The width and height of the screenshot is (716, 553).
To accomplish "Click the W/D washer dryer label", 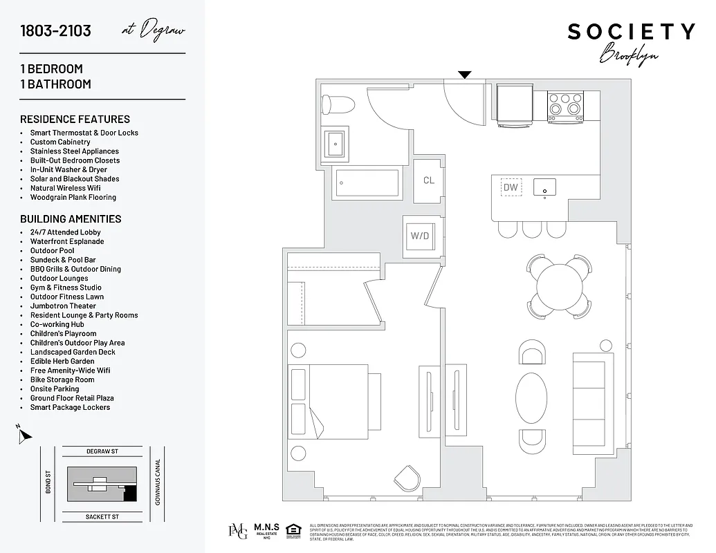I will [x=419, y=236].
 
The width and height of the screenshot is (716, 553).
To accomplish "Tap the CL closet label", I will [x=429, y=180].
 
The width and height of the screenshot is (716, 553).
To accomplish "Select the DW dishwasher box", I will [x=511, y=187].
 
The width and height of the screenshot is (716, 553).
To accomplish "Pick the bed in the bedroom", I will [x=344, y=402].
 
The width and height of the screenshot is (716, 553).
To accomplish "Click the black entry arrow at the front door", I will [x=465, y=75].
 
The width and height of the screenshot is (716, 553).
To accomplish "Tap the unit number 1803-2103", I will [x=55, y=31].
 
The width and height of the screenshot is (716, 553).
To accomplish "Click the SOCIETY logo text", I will [x=631, y=32].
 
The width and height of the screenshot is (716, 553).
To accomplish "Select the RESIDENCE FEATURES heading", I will [x=75, y=119].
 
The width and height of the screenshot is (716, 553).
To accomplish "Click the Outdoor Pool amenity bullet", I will [x=52, y=251].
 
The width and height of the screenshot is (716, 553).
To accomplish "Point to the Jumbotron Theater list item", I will [x=63, y=306].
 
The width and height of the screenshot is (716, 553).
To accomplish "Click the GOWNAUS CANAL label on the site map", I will [x=158, y=482].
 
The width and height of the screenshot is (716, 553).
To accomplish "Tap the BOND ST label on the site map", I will [x=48, y=482].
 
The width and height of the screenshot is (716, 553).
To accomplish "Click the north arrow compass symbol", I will [x=24, y=435].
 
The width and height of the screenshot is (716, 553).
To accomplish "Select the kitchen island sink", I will [x=545, y=187].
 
